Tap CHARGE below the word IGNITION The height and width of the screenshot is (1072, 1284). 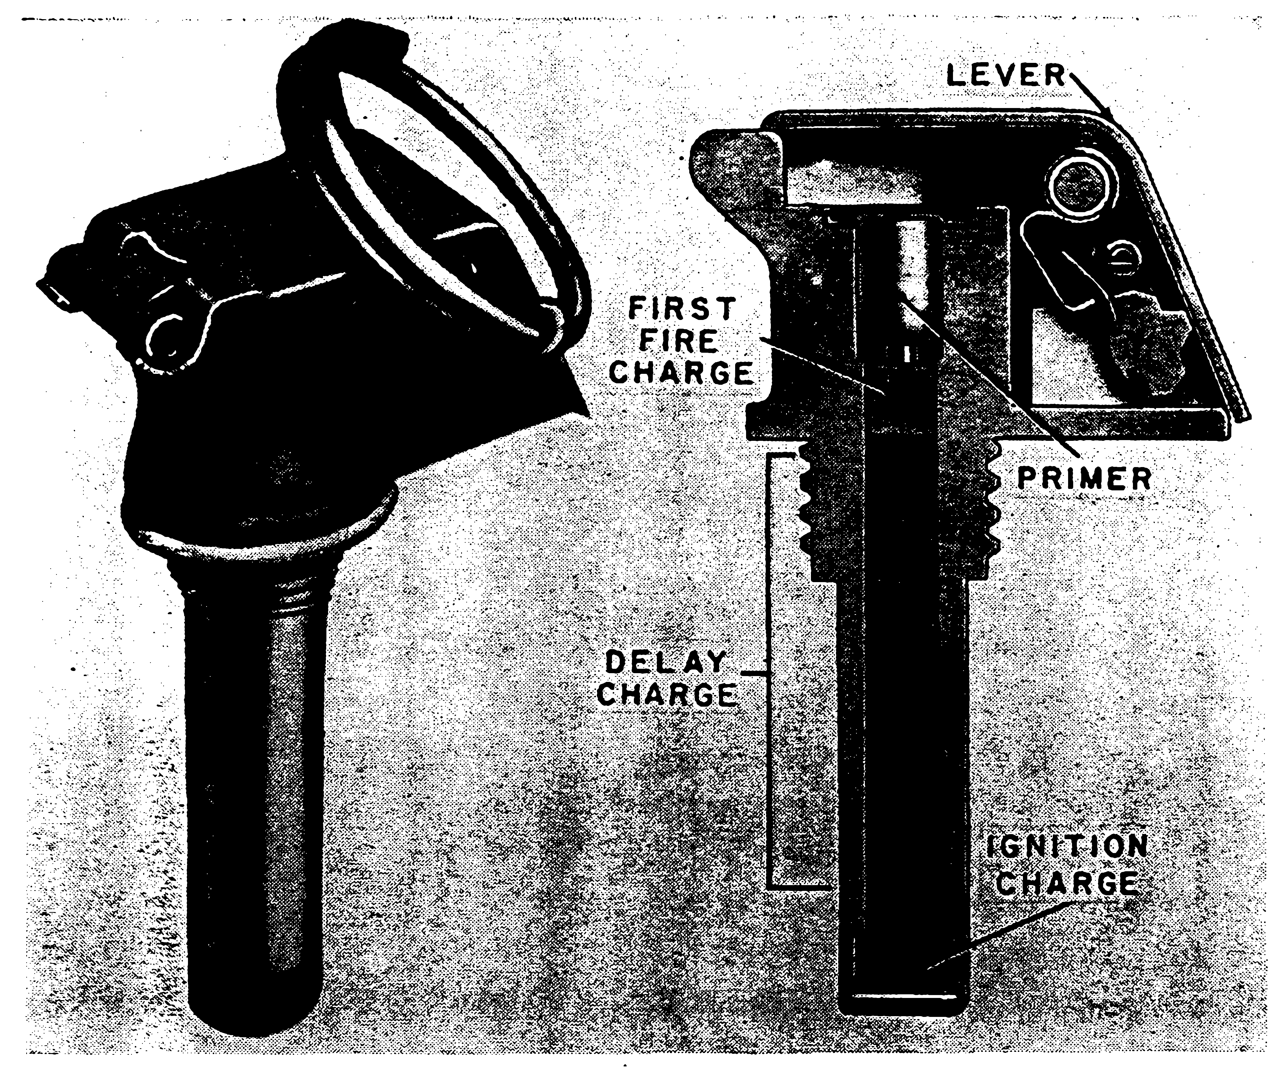1070,883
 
